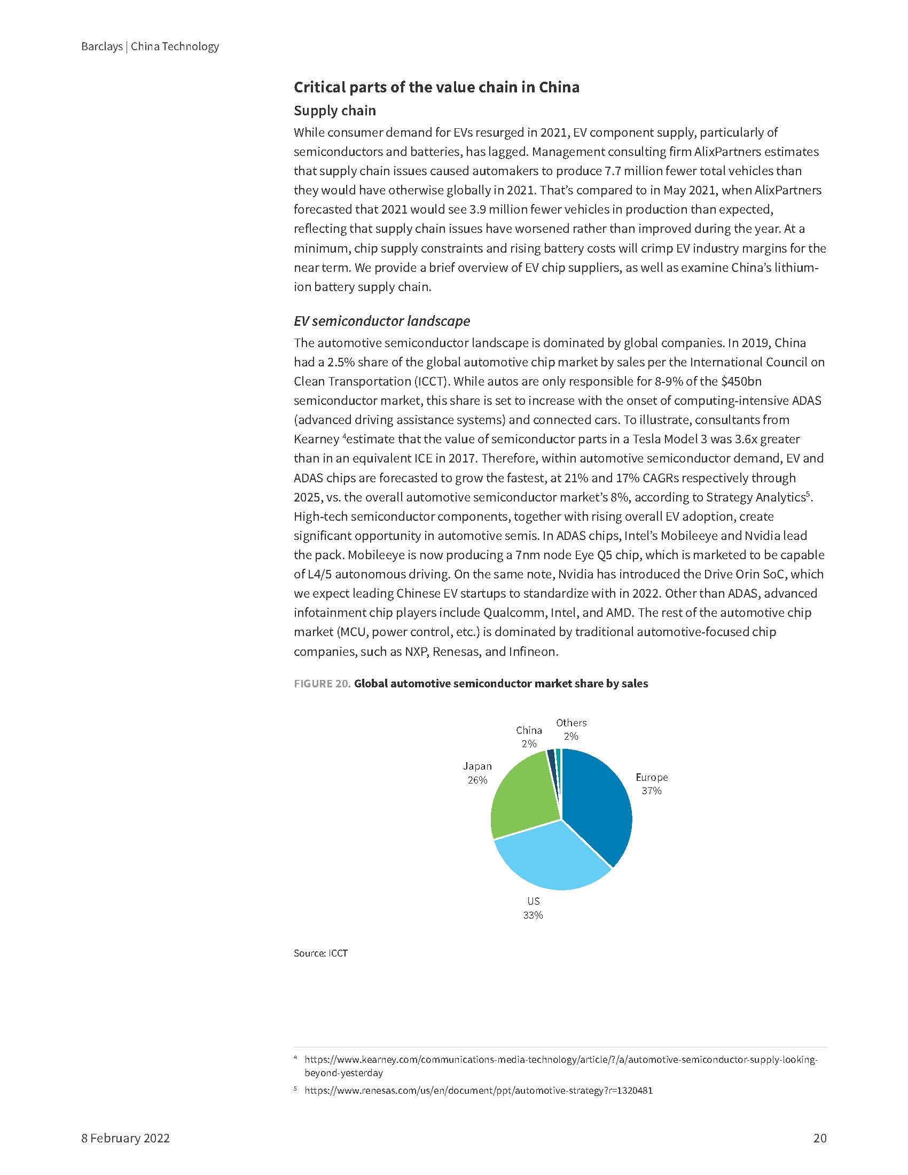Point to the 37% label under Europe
tap(652, 791)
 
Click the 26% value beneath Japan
tap(477, 780)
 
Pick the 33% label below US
tap(533, 915)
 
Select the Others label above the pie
tap(572, 723)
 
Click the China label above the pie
tap(529, 730)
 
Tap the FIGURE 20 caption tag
tap(322, 684)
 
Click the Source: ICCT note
tap(320, 968)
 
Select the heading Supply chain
tap(334, 111)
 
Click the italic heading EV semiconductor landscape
tap(381, 321)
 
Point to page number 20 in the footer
tap(820, 1139)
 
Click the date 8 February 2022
tap(126, 1139)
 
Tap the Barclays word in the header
tap(101, 46)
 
